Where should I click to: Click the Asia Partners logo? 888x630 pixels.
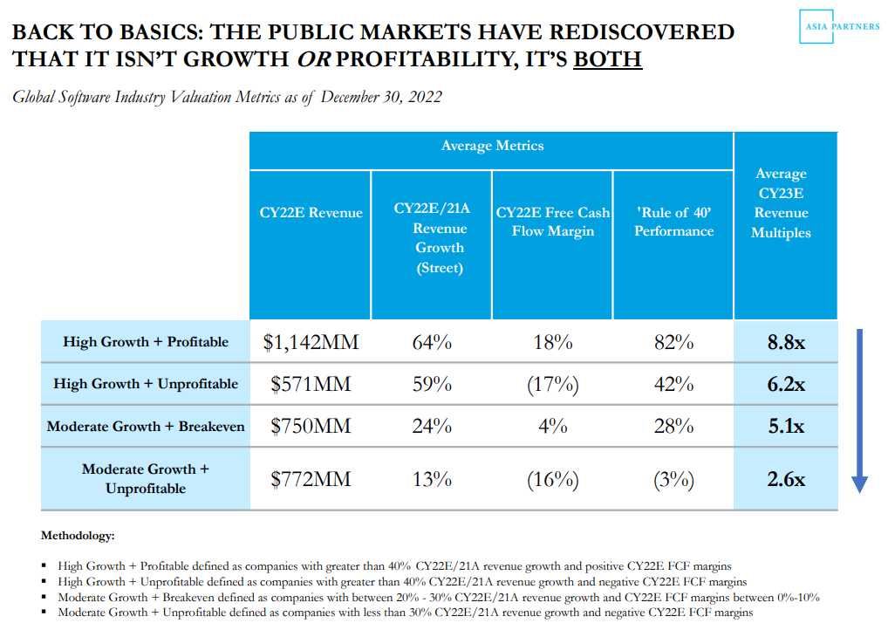coord(840,27)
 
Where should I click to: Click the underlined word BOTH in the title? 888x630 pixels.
coord(607,59)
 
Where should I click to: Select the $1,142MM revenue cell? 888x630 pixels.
coord(311,342)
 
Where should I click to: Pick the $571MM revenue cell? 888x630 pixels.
coord(311,384)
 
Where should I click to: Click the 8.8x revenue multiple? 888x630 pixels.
coord(785,342)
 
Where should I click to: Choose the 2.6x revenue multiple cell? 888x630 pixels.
coord(785,479)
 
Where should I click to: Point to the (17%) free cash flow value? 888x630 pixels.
coord(553,384)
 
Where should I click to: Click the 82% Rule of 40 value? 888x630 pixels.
coord(673,342)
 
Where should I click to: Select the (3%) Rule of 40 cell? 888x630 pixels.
coord(673,479)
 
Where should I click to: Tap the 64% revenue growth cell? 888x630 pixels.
coord(432,342)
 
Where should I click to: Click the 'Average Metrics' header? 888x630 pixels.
coord(492,146)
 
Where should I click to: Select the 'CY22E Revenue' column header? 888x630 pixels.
coord(311,212)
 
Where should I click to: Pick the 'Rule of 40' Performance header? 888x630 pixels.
coord(673,222)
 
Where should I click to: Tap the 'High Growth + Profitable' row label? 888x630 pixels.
coord(146,342)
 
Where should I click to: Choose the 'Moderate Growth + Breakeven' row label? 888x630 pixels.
coord(146,427)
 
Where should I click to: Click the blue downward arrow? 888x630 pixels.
coord(859,410)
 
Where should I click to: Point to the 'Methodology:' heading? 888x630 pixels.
coord(78,535)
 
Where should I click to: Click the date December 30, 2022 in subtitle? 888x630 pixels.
coord(381,97)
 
